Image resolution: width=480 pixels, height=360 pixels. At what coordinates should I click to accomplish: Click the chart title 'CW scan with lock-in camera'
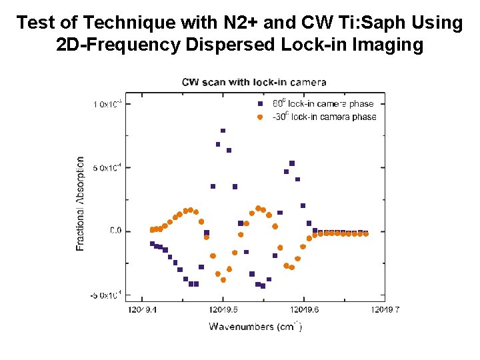(x=254, y=82)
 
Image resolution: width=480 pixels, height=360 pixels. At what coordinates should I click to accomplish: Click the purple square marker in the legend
(x=260, y=103)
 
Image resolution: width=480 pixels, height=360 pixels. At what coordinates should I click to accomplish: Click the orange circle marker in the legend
(x=260, y=117)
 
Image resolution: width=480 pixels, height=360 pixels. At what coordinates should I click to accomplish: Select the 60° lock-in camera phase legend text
(x=323, y=103)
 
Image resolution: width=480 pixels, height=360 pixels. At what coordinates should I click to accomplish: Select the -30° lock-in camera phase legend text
(x=323, y=117)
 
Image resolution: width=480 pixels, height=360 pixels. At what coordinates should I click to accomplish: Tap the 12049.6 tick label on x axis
(x=303, y=309)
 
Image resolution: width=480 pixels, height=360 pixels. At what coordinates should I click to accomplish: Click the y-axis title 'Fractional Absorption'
(x=81, y=203)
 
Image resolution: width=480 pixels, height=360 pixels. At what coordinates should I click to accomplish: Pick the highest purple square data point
(x=223, y=131)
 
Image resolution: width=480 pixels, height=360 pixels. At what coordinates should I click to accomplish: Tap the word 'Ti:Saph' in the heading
(x=357, y=23)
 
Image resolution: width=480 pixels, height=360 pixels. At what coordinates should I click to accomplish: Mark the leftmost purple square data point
(x=152, y=244)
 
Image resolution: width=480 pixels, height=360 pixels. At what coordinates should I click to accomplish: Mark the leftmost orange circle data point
(x=152, y=230)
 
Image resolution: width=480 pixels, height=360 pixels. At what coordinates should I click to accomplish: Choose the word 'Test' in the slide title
(x=37, y=23)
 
